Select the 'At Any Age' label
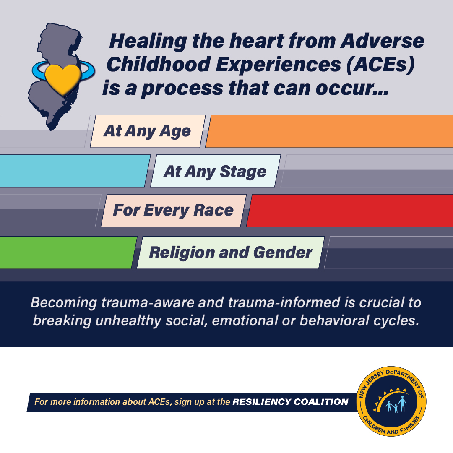[148, 131]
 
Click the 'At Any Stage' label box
[215, 171]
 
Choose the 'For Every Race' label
[174, 210]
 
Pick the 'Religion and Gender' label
[231, 253]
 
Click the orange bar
[329, 131]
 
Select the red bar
[350, 211]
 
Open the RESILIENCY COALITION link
[290, 402]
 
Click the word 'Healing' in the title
[148, 41]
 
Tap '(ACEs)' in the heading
[380, 65]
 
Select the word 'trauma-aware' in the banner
[148, 303]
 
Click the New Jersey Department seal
[391, 401]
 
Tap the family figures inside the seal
[396, 405]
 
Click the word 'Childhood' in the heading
[159, 65]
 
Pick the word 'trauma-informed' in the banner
[284, 303]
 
